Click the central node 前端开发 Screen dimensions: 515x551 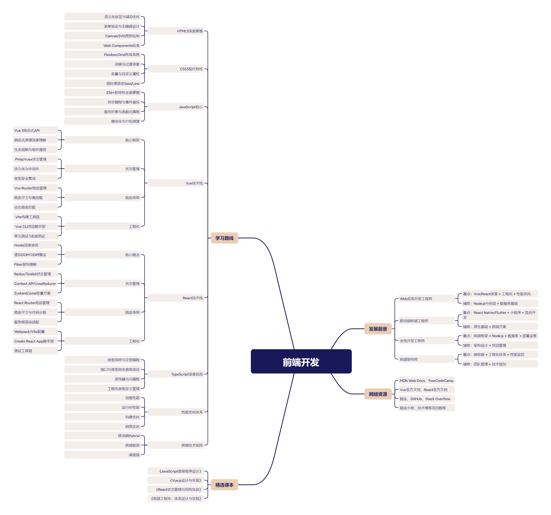pos(301,361)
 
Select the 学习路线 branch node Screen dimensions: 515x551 pos(224,238)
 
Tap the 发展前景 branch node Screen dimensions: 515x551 pos(378,329)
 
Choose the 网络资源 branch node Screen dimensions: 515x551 pos(378,394)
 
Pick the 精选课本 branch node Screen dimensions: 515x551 pos(224,485)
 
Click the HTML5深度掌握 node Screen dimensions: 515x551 pos(190,31)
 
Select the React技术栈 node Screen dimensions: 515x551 pos(193,298)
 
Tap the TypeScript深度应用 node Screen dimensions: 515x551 pos(187,374)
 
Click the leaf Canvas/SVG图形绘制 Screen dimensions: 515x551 pos(122,36)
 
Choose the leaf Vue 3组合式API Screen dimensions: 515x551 pos(27,130)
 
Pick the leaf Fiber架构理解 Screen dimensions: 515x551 pos(25,264)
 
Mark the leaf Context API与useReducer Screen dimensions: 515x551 pos(35,284)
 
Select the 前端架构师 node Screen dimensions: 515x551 pos(408,359)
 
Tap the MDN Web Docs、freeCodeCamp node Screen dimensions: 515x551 pos(426,381)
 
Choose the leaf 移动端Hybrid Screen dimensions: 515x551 pos(129,436)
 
